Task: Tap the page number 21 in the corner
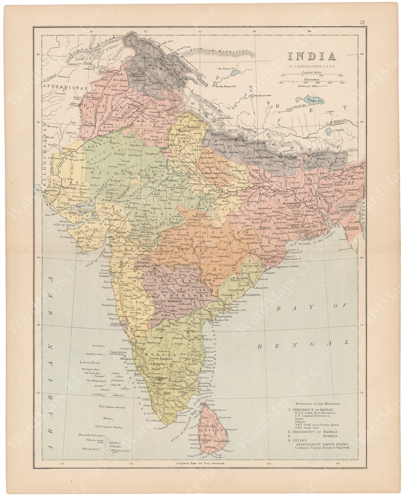tap(363, 23)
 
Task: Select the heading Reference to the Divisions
tap(318, 404)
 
